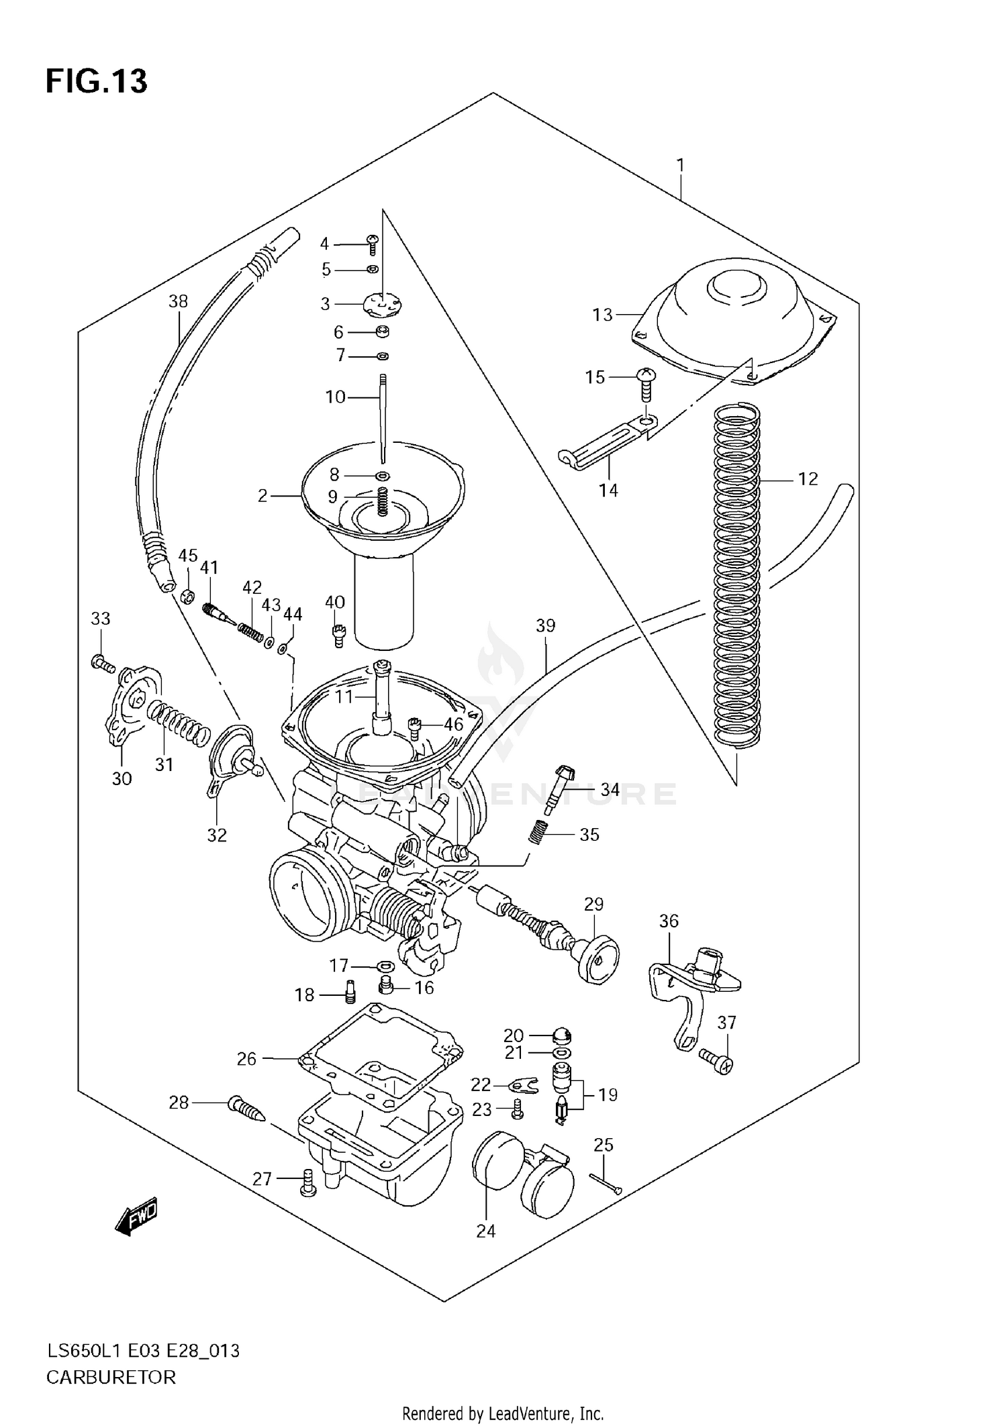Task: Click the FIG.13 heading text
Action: pyautogui.click(x=96, y=81)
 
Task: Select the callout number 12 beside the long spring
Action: pyautogui.click(x=808, y=478)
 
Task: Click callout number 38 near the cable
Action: pyautogui.click(x=178, y=301)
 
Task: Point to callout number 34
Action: pyautogui.click(x=610, y=790)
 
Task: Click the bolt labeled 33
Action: pyautogui.click(x=103, y=664)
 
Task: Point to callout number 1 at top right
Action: pyautogui.click(x=680, y=164)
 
